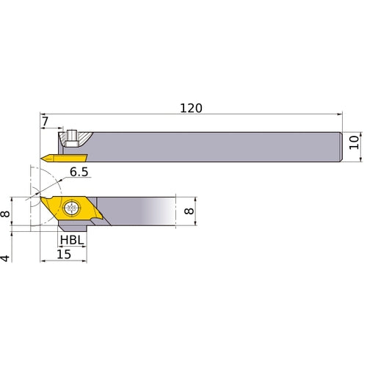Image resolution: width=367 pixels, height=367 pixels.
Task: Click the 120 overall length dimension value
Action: tap(191, 108)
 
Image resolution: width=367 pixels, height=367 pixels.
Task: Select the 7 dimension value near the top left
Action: tap(45, 120)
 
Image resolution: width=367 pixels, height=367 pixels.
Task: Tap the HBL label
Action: tap(71, 240)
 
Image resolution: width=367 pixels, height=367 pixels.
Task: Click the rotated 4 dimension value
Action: tap(7, 258)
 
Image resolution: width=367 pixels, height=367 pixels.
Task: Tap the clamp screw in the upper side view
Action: tap(72, 137)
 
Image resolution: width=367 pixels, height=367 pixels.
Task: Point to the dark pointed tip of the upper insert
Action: tap(44, 156)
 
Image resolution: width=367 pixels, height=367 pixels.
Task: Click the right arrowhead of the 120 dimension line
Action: tap(339, 115)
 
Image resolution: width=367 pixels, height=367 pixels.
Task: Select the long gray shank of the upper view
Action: tap(220, 147)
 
